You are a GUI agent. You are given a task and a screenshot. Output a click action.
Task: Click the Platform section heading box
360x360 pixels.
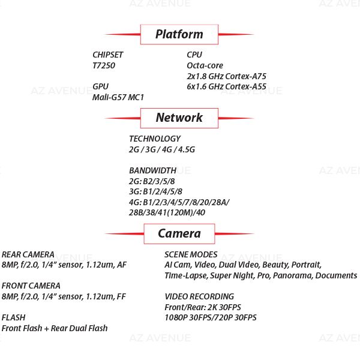(x=179, y=34)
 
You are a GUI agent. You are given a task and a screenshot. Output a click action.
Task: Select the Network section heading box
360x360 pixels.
(x=179, y=118)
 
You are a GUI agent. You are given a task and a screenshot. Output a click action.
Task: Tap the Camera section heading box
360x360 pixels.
(x=179, y=233)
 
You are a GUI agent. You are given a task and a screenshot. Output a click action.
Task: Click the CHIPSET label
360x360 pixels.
(x=108, y=55)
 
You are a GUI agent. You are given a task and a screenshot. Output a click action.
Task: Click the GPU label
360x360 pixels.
(x=101, y=86)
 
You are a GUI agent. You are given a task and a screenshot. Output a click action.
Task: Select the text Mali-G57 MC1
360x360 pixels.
(x=118, y=97)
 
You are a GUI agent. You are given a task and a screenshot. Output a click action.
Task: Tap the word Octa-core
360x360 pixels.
(x=205, y=65)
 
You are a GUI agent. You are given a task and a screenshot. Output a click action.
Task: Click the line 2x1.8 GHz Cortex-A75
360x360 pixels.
(x=227, y=76)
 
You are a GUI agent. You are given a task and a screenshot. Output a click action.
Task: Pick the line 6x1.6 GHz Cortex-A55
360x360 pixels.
(x=227, y=86)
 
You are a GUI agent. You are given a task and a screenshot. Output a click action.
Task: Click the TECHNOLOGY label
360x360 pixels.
(x=155, y=139)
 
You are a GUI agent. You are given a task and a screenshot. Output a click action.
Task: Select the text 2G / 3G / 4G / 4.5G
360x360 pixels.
(x=162, y=149)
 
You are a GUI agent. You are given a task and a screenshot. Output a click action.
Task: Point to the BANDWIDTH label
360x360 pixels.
(x=153, y=170)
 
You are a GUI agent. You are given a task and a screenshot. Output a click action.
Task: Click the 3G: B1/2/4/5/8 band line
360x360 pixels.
(x=155, y=191)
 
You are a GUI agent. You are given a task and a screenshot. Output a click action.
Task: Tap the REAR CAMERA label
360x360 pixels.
(x=28, y=254)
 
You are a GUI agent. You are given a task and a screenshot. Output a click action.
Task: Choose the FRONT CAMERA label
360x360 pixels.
(x=31, y=286)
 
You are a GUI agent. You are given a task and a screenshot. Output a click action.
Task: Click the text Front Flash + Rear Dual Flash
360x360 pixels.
(x=55, y=328)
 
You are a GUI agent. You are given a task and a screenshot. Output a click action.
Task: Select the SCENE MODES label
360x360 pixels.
(x=191, y=254)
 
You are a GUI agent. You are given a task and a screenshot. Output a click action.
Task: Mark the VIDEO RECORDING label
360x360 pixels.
(x=199, y=296)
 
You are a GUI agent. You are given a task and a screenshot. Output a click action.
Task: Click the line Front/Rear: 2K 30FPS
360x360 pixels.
(x=202, y=307)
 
